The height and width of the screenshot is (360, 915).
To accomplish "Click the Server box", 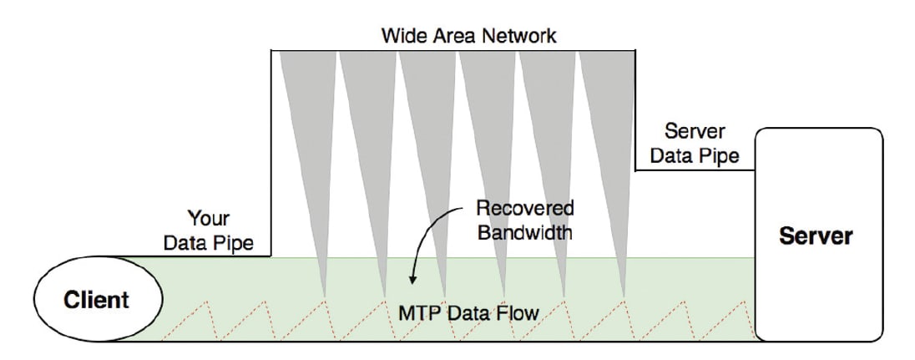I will click(x=817, y=236).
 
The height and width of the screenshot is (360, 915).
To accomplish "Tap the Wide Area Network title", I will click(x=468, y=36).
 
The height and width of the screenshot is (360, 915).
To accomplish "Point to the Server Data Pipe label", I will click(x=695, y=144).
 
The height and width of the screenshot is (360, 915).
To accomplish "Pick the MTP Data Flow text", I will click(x=468, y=313).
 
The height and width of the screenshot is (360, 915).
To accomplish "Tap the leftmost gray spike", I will click(x=307, y=125).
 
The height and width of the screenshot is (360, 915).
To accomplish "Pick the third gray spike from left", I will click(x=427, y=125).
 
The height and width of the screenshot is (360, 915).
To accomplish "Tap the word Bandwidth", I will click(x=525, y=231).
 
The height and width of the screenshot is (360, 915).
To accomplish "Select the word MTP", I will click(x=418, y=313).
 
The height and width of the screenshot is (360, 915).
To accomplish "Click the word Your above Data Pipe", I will click(x=209, y=220).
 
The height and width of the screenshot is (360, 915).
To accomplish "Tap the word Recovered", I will click(x=525, y=208).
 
